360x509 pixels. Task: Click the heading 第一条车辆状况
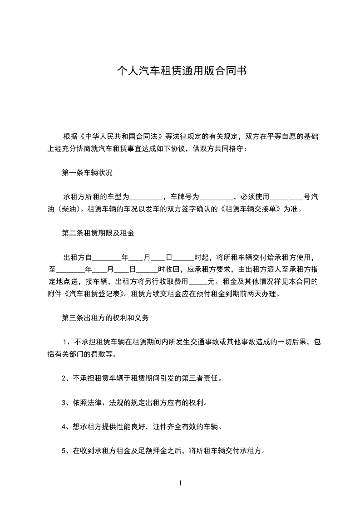pyautogui.click(x=87, y=172)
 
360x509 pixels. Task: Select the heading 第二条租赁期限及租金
pyautogui.click(x=98, y=233)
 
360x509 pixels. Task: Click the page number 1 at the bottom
pyautogui.click(x=180, y=483)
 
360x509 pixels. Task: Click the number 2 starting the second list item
pyautogui.click(x=64, y=377)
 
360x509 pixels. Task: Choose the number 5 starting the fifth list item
pyautogui.click(x=64, y=451)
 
